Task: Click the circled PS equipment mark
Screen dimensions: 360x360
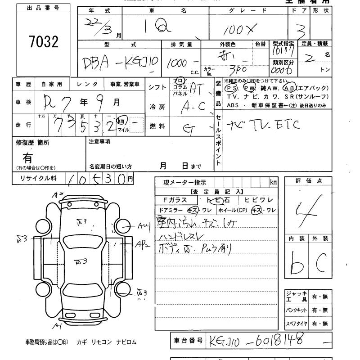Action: point(233,88)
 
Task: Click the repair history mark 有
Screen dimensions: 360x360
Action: point(28,158)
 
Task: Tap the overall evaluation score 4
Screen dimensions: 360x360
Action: point(308,209)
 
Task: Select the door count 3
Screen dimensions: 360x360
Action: point(302,31)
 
